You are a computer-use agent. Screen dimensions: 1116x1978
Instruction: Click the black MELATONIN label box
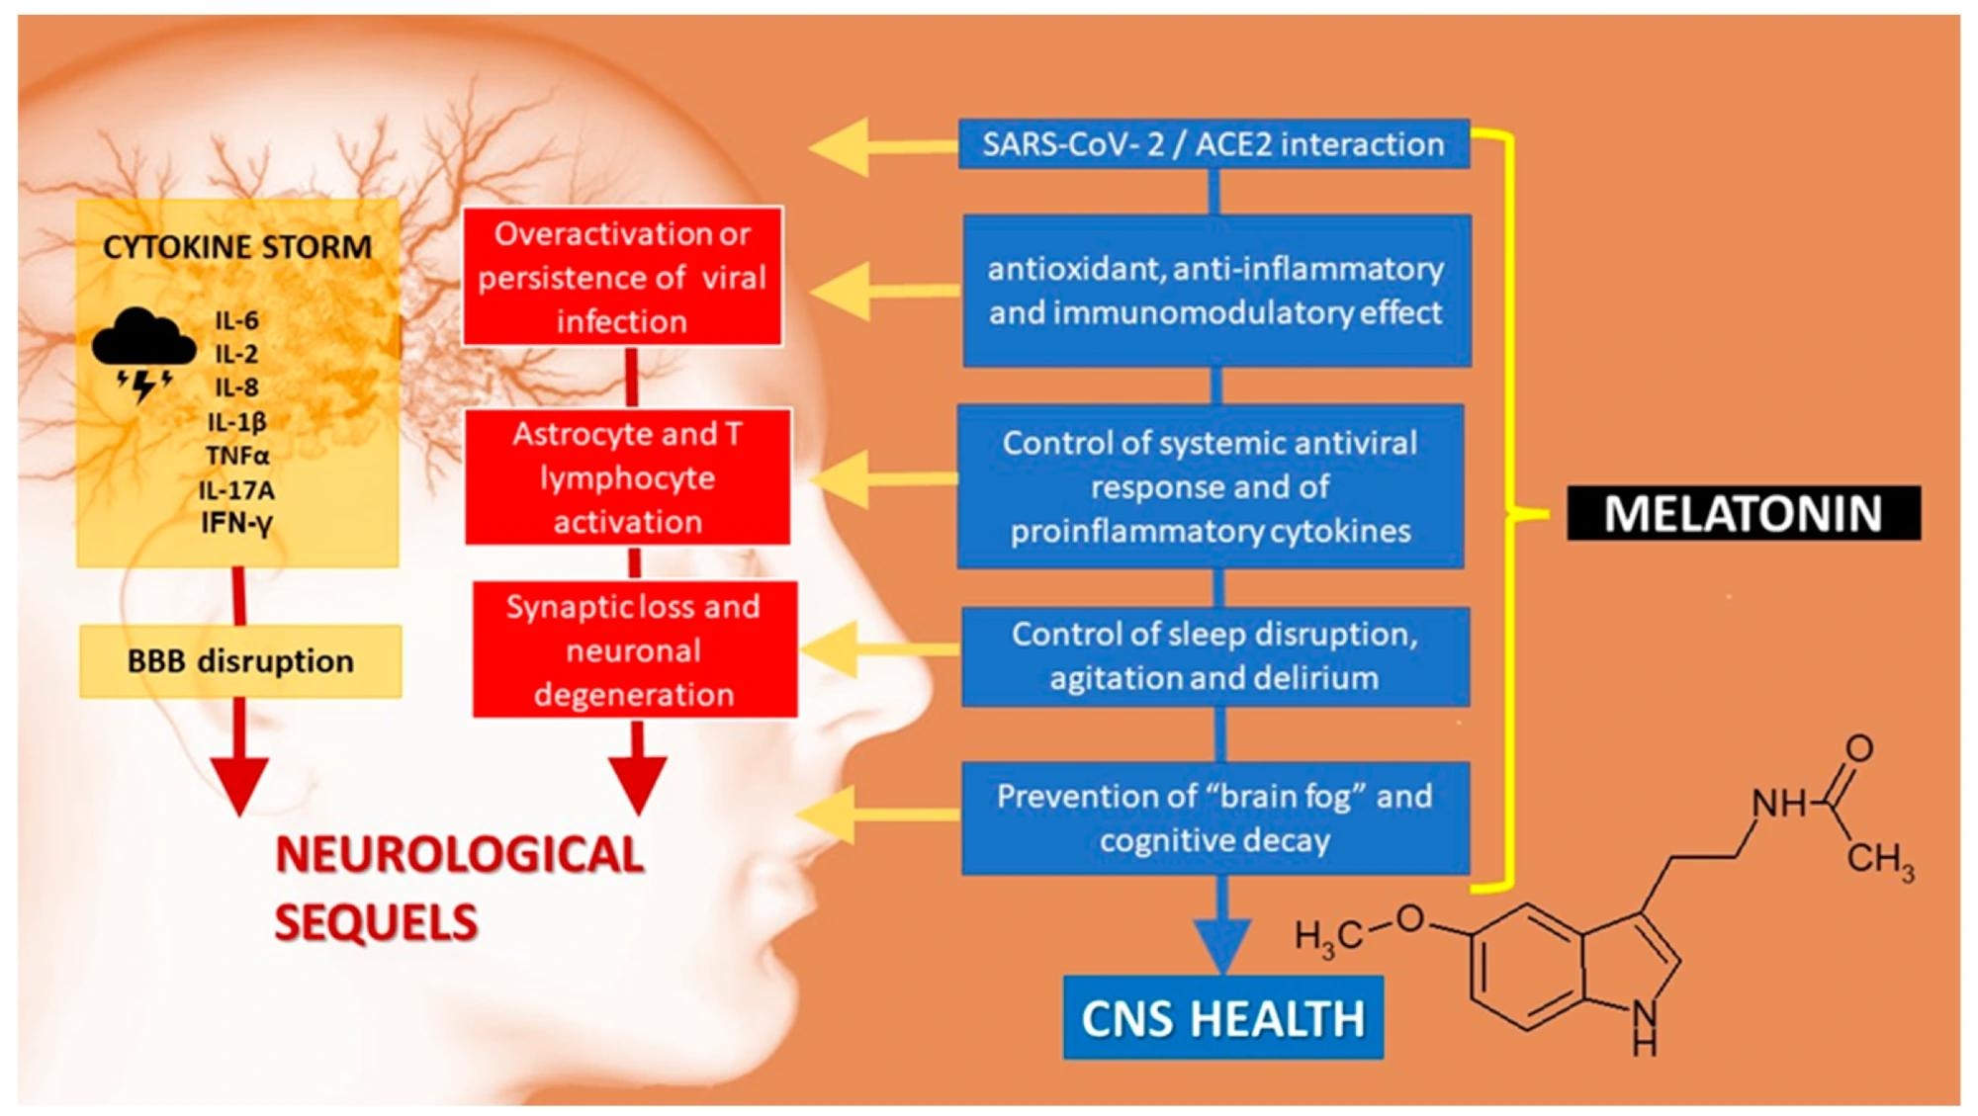point(1743,513)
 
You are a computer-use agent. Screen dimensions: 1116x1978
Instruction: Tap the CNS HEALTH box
point(1222,1018)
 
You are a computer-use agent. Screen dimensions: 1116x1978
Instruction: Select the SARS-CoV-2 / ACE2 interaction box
point(1214,144)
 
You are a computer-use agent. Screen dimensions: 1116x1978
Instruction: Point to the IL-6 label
point(236,320)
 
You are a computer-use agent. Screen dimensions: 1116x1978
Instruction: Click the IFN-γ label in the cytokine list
point(236,522)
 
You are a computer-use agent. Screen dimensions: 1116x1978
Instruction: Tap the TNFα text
point(237,456)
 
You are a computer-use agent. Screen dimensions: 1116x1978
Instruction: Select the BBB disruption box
point(240,660)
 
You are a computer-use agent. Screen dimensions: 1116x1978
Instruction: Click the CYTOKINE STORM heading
point(237,246)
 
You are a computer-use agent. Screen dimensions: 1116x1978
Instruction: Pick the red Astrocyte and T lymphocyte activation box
point(627,477)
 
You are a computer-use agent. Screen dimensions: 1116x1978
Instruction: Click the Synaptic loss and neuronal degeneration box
point(634,649)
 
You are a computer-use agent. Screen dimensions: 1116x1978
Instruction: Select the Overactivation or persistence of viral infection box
point(622,277)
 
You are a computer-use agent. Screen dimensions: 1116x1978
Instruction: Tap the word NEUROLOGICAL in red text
point(460,855)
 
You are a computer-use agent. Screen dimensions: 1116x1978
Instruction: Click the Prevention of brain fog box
point(1214,817)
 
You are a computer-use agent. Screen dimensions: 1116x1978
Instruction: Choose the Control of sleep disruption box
point(1214,655)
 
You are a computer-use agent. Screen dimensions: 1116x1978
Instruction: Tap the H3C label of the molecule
point(1327,936)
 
